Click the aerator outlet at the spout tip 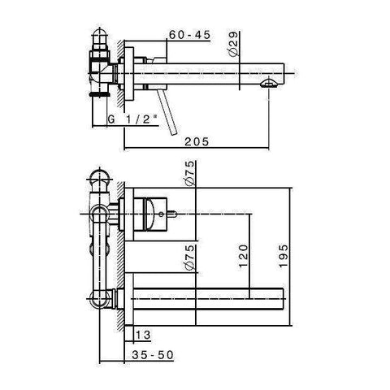point(270,84)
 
